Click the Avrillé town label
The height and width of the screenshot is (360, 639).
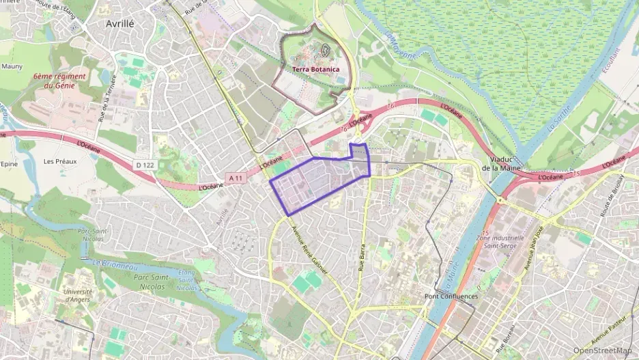pyautogui.click(x=120, y=23)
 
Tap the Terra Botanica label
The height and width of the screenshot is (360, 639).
pyautogui.click(x=315, y=69)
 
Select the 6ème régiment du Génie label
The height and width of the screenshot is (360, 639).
pyautogui.click(x=59, y=81)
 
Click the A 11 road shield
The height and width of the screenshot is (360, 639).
pyautogui.click(x=236, y=178)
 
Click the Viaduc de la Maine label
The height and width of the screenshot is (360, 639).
pyautogui.click(x=502, y=163)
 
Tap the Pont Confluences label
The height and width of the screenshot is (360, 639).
pyautogui.click(x=451, y=296)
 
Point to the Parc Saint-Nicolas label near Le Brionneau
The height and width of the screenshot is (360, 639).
pyautogui.click(x=151, y=281)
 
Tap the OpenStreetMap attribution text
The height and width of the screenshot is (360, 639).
pyautogui.click(x=602, y=350)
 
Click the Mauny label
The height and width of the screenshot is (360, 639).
pyautogui.click(x=12, y=66)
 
